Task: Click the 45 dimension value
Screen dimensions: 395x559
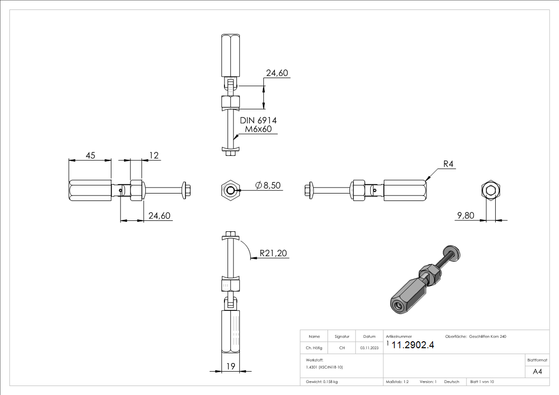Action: pyautogui.click(x=91, y=156)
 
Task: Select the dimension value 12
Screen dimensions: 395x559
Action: pyautogui.click(x=154, y=156)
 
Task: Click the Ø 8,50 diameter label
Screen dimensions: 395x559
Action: pyautogui.click(x=268, y=186)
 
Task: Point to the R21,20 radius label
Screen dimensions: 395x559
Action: pyautogui.click(x=273, y=254)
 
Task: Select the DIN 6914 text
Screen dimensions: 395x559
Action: pyautogui.click(x=258, y=120)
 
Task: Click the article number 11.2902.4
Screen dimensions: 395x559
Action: pyautogui.click(x=413, y=346)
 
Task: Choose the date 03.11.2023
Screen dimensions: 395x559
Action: pyautogui.click(x=369, y=348)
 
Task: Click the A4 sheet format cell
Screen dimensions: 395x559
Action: pyautogui.click(x=538, y=372)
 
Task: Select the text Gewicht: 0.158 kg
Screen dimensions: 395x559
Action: pyautogui.click(x=322, y=382)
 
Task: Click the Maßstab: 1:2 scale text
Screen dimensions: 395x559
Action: pyautogui.click(x=397, y=382)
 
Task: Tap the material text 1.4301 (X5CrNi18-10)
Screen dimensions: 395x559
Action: pyautogui.click(x=325, y=367)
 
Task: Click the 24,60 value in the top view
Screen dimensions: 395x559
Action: pyautogui.click(x=277, y=73)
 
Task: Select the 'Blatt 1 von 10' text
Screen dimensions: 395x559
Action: pyautogui.click(x=482, y=382)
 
